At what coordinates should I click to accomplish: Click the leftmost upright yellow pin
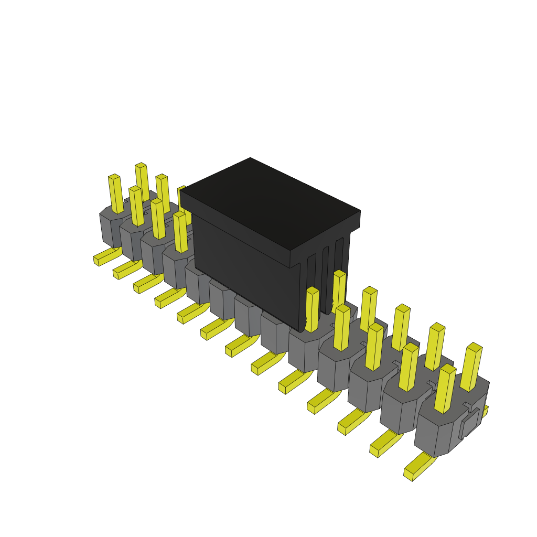115,194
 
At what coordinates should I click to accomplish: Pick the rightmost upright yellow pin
471,367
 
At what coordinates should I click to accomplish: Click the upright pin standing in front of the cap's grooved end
312,309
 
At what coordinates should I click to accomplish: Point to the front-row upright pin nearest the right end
445,389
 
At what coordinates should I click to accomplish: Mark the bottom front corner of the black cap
300,330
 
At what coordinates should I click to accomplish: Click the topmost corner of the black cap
250,158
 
